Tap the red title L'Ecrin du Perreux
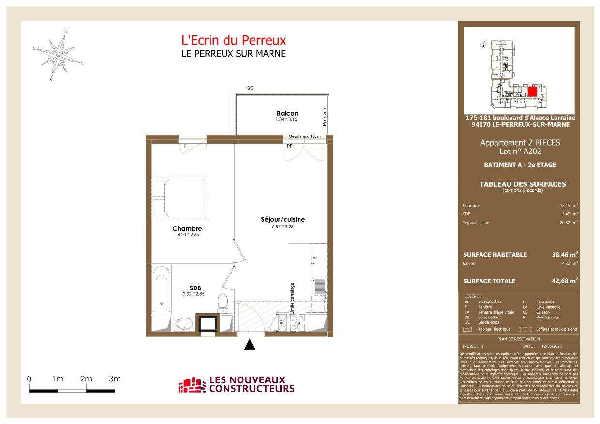pyautogui.click(x=233, y=40)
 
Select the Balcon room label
pyautogui.click(x=287, y=113)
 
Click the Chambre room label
pyautogui.click(x=187, y=228)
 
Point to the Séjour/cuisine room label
pyautogui.click(x=283, y=219)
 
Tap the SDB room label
pyautogui.click(x=182, y=288)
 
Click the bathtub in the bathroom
pyautogui.click(x=161, y=289)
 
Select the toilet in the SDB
pyautogui.click(x=223, y=301)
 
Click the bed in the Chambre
pyautogui.click(x=179, y=197)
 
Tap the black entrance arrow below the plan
pyautogui.click(x=249, y=345)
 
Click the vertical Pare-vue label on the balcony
pyautogui.click(x=325, y=116)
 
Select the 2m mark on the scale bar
pyautogui.click(x=86, y=379)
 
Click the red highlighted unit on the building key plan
pyautogui.click(x=532, y=91)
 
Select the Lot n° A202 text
pyautogui.click(x=520, y=151)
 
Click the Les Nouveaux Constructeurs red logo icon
pyautogui.click(x=192, y=385)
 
